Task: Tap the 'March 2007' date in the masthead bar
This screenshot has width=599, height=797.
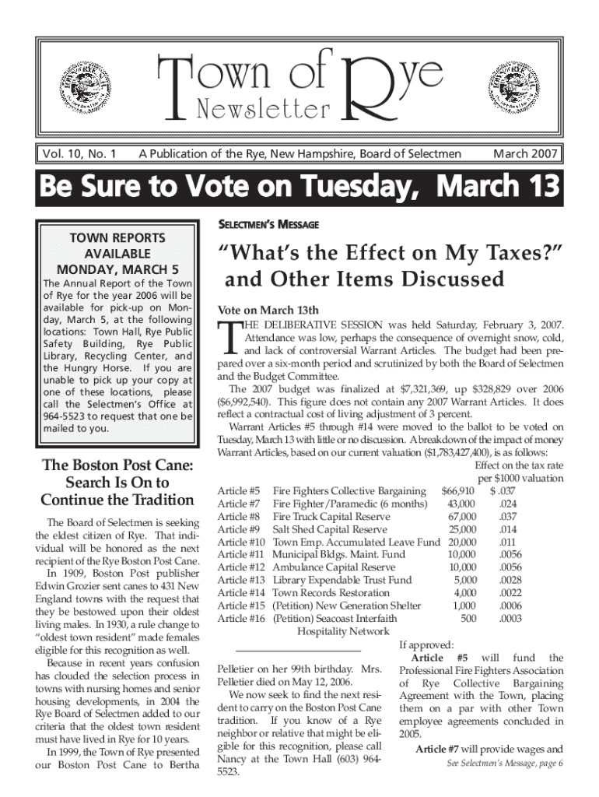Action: [525, 154]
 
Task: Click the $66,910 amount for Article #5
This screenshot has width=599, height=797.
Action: [457, 491]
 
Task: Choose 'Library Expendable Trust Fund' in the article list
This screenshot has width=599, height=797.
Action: [342, 581]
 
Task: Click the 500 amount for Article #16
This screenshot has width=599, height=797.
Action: [468, 619]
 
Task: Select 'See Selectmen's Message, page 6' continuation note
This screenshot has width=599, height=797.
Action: [505, 764]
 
